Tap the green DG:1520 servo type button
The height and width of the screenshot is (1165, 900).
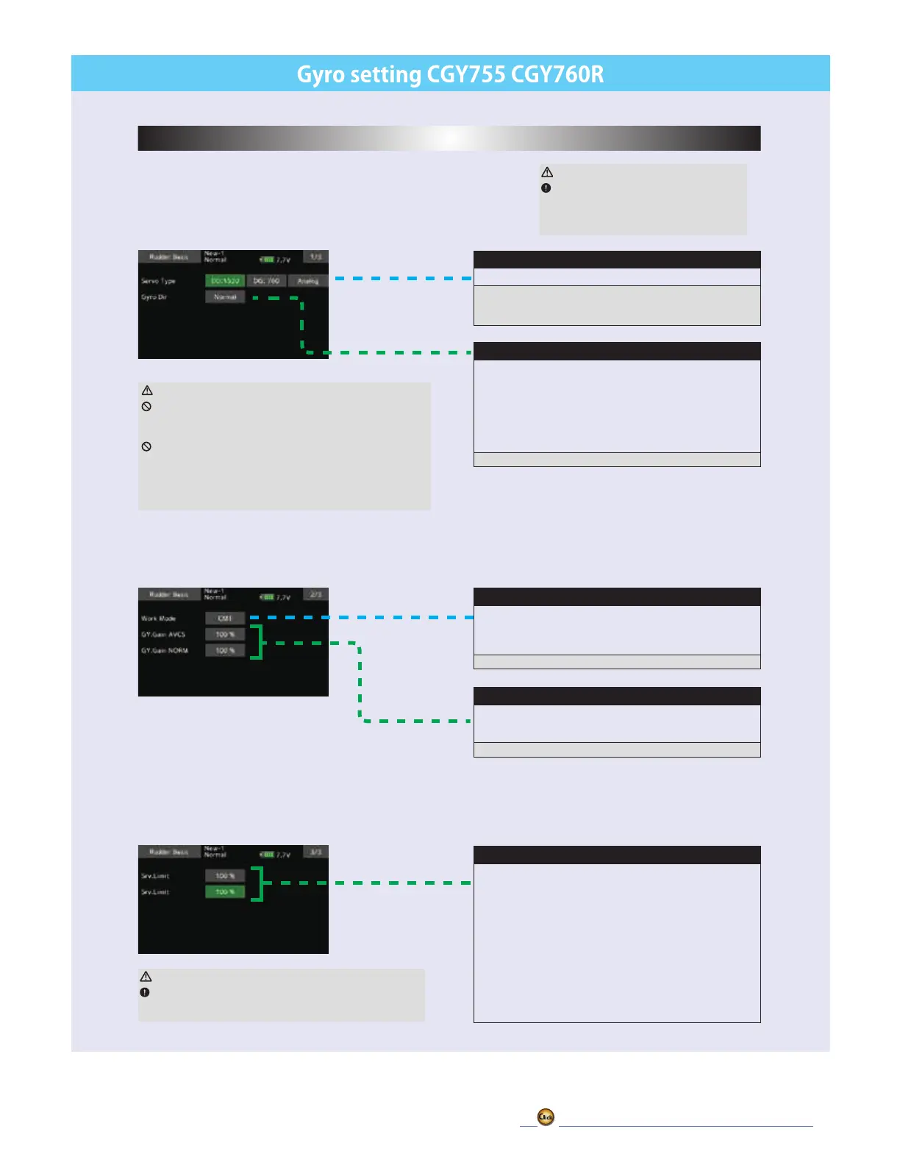(x=225, y=281)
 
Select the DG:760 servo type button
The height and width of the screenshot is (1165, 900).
(x=266, y=281)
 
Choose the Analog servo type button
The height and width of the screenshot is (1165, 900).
(x=307, y=281)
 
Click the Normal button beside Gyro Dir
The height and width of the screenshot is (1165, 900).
(x=225, y=297)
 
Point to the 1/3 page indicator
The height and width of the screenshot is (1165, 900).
(x=315, y=257)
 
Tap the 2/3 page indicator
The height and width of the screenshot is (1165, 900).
(x=315, y=594)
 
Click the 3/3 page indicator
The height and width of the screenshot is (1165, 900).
(x=315, y=852)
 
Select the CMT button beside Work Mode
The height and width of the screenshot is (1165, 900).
(x=225, y=619)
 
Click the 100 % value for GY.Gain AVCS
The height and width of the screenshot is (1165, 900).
(x=225, y=635)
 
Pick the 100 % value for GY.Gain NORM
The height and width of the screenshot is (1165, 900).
(x=225, y=651)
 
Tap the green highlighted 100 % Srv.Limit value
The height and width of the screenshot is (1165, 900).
(x=225, y=892)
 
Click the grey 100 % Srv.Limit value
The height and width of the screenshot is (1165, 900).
(x=225, y=876)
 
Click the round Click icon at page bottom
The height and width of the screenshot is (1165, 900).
(x=546, y=1117)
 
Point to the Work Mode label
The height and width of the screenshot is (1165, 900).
(x=158, y=619)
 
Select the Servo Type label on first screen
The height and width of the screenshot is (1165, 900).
(x=158, y=281)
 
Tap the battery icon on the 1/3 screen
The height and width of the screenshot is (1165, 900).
(x=267, y=260)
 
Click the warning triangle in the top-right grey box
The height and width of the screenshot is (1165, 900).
(x=547, y=172)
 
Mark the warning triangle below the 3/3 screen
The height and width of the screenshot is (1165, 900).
(x=146, y=977)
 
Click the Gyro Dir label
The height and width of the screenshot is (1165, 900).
(x=154, y=297)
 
